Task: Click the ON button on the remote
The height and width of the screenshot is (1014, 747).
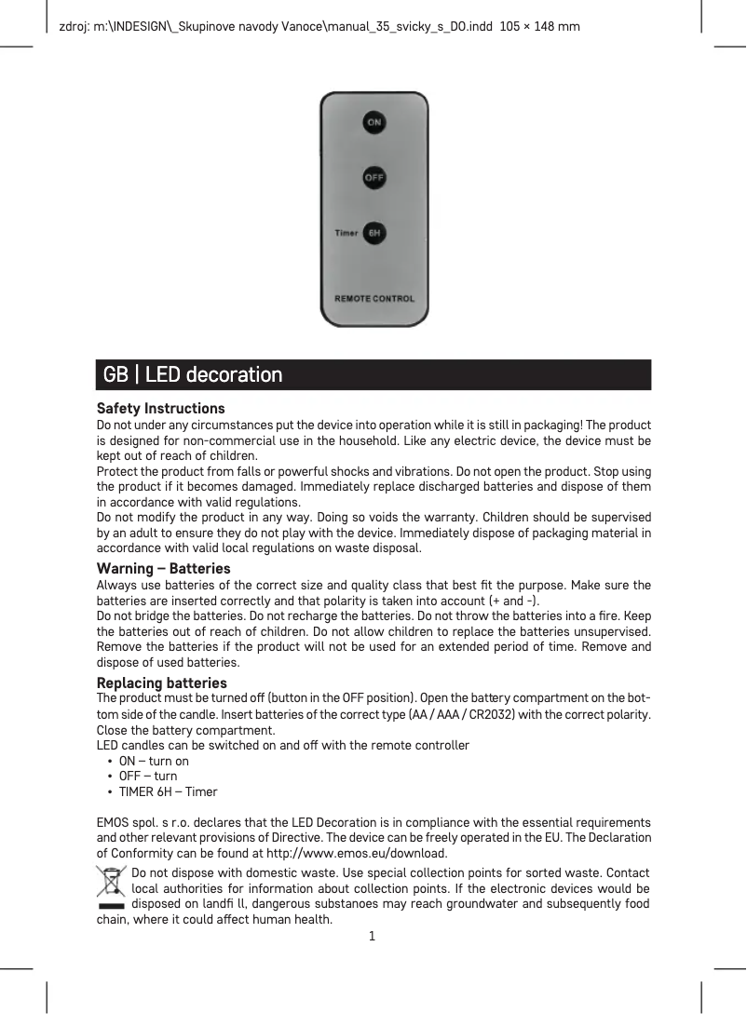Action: pos(373,123)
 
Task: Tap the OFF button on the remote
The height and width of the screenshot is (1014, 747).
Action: pos(373,177)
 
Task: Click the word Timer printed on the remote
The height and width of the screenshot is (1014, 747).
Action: pos(346,233)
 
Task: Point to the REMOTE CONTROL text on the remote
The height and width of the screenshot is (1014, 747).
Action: pos(374,299)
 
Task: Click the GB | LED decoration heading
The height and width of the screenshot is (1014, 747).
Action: pos(193,375)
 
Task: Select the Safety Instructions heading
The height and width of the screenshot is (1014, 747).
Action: pos(161,409)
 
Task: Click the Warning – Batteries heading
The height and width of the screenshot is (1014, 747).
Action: pos(164,569)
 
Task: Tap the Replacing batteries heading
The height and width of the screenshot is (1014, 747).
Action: pos(162,683)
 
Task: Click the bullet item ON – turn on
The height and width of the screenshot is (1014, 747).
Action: pos(154,761)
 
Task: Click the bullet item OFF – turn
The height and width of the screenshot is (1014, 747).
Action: pos(148,777)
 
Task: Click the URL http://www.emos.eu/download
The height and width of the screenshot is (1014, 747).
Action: pos(357,854)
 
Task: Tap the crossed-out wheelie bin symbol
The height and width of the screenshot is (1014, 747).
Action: pos(112,881)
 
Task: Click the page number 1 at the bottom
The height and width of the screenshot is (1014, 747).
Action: pos(372,936)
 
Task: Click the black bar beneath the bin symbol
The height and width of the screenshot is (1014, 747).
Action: pos(111,904)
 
